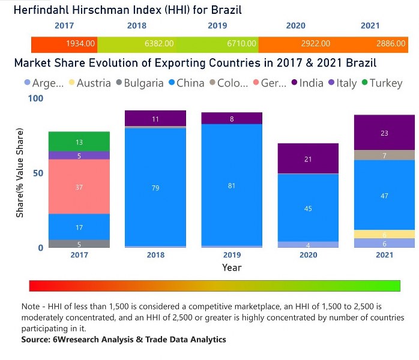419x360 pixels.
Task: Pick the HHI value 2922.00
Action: pos(316,44)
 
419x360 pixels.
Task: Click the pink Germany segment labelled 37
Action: pos(79,187)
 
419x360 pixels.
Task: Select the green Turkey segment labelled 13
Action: pos(79,142)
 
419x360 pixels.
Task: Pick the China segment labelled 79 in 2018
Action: pos(155,188)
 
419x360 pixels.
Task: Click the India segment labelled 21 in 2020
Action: pos(308,158)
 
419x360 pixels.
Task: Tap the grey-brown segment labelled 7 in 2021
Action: pos(384,155)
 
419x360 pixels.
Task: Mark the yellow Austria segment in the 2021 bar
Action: pos(384,234)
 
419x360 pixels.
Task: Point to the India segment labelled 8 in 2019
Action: pos(232,118)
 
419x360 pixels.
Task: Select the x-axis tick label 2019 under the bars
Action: pos(232,255)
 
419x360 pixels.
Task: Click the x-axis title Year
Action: pos(232,267)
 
